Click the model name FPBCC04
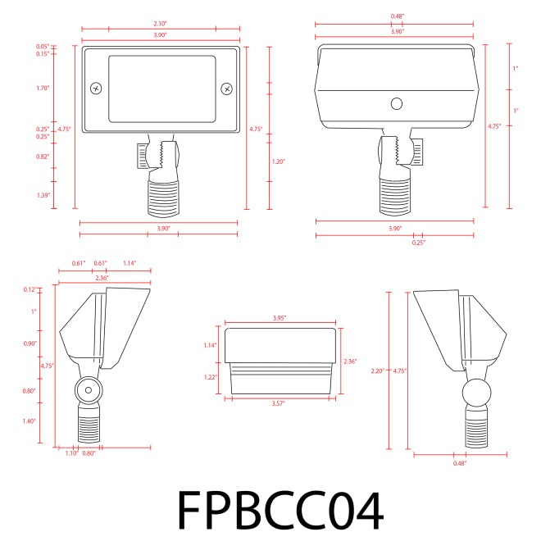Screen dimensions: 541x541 point(280,511)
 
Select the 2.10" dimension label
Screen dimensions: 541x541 point(160,24)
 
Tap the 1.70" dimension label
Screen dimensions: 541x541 point(43,88)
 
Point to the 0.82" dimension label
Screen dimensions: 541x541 point(43,157)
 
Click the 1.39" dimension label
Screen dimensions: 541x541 point(43,195)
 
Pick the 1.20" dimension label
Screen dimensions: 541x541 point(279,161)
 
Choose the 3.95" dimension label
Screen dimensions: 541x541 point(280,318)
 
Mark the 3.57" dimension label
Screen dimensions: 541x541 point(279,403)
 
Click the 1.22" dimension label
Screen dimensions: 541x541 point(211,377)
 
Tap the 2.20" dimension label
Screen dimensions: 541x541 point(377,371)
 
